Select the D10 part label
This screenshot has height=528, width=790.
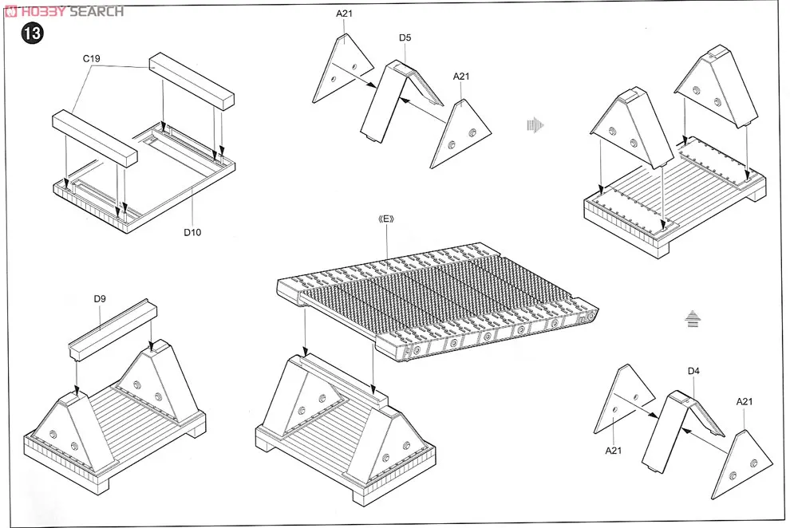(x=192, y=232)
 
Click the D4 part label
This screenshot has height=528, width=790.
(x=693, y=371)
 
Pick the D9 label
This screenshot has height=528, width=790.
(x=100, y=299)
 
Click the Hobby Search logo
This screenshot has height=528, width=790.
(x=64, y=11)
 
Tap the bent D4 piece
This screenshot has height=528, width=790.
(x=674, y=427)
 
